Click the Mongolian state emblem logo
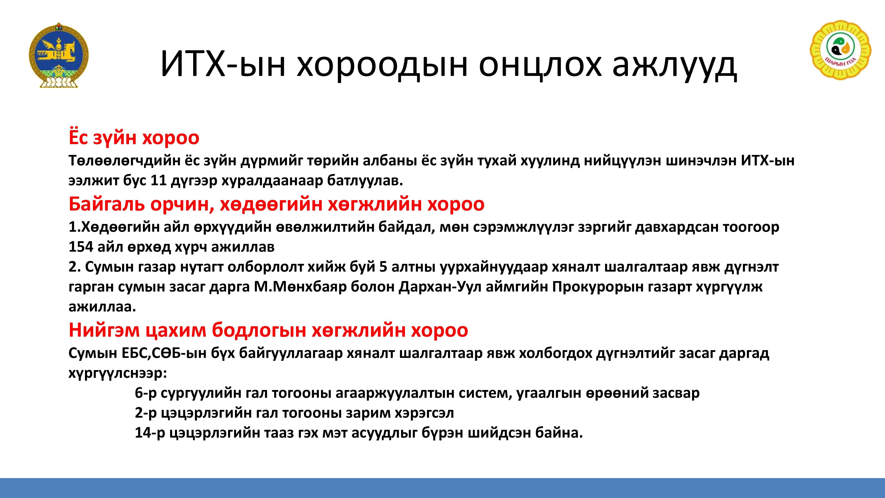coord(59,55)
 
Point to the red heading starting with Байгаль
coord(277,204)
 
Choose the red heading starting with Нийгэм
coord(268,330)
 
